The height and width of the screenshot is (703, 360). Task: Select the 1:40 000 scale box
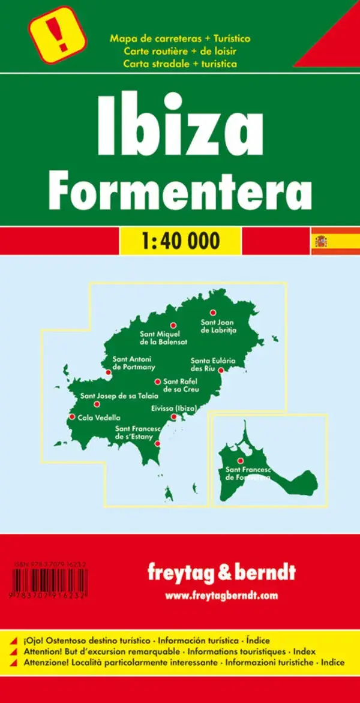(179, 241)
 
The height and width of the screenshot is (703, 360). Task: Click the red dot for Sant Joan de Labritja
(212, 313)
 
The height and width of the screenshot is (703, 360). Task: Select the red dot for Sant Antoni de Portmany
(108, 372)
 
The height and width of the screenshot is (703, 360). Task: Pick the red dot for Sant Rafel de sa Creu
(158, 381)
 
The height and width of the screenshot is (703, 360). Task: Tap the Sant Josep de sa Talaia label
(119, 396)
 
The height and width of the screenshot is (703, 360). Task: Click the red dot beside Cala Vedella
(72, 417)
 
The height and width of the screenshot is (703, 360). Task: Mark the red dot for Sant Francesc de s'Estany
(157, 444)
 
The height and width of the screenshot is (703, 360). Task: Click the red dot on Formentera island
(240, 461)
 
